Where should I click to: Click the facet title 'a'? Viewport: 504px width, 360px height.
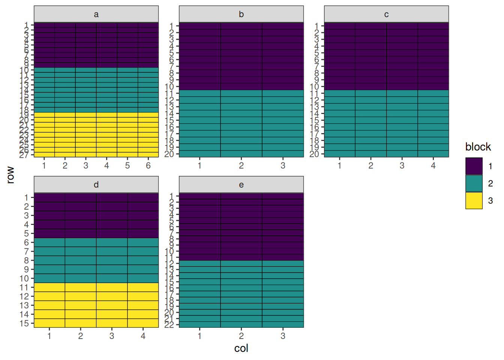pos(96,14)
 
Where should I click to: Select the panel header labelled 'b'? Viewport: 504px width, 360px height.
pos(241,14)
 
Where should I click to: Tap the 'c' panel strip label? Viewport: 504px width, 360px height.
pos(386,14)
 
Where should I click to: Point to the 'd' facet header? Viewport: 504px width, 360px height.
pos(96,184)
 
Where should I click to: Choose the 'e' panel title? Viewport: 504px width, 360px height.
pos(241,184)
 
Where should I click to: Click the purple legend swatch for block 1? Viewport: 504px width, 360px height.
pos(474,166)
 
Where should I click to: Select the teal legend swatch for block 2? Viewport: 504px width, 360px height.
pos(474,183)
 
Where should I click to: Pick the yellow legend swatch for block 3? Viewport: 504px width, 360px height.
pos(474,201)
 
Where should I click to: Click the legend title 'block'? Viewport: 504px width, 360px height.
pos(478,147)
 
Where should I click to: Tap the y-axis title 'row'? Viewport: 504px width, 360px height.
pos(10,175)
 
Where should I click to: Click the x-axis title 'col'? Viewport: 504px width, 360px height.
pos(241,348)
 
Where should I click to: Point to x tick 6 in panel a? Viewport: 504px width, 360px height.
pos(148,165)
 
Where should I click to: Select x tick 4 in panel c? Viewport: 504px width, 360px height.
pos(433,165)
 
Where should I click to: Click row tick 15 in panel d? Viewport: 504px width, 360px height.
pos(24,323)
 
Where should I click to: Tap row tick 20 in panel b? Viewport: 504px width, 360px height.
pos(169,154)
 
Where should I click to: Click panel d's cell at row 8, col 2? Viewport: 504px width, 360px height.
pos(81,260)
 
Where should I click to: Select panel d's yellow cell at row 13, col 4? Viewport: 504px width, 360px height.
pos(143,305)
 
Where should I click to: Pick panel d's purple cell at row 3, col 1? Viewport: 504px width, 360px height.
pos(49,216)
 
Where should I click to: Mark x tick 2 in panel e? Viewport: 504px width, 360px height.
pos(241,336)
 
